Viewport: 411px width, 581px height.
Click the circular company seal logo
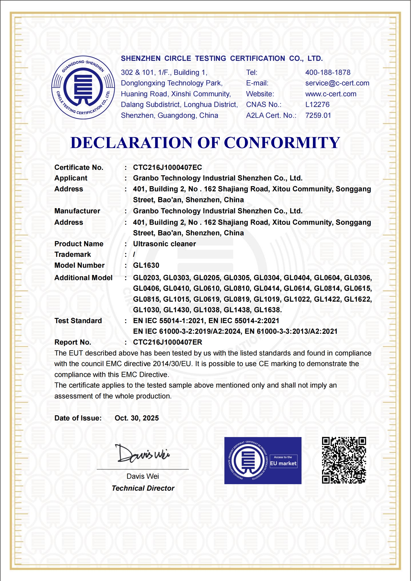[x=83, y=88]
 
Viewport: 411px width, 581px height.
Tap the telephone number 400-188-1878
[x=328, y=72]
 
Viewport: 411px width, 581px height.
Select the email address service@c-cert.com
[x=337, y=83]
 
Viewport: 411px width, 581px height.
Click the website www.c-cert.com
[x=331, y=94]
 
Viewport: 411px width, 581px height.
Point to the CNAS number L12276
[x=317, y=105]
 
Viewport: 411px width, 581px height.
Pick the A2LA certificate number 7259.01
[x=318, y=115]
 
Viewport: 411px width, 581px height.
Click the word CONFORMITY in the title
[x=282, y=143]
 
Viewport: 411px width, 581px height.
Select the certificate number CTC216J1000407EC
[x=167, y=168]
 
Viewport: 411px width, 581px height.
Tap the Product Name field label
[x=79, y=244]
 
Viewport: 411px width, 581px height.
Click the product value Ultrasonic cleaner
[x=164, y=244]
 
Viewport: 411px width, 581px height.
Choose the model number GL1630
[x=146, y=265]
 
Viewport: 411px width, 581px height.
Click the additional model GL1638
[x=268, y=310]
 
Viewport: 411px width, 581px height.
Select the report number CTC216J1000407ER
[x=167, y=342]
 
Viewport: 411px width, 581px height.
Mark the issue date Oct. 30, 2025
[x=137, y=418]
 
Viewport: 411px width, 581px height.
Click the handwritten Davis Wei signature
[x=142, y=454]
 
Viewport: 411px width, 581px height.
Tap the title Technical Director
[x=143, y=488]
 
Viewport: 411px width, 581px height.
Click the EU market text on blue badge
[x=283, y=463]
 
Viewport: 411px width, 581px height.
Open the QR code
[x=344, y=460]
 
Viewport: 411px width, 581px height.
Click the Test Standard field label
[x=78, y=321]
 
